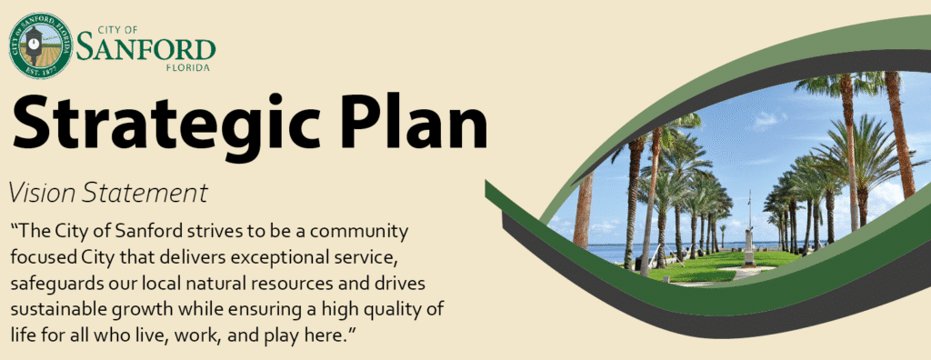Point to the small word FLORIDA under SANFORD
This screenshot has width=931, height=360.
pyautogui.click(x=187, y=67)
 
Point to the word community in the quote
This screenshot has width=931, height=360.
pyautogui.click(x=364, y=230)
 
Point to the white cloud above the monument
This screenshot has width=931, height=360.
pyautogui.click(x=768, y=119)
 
